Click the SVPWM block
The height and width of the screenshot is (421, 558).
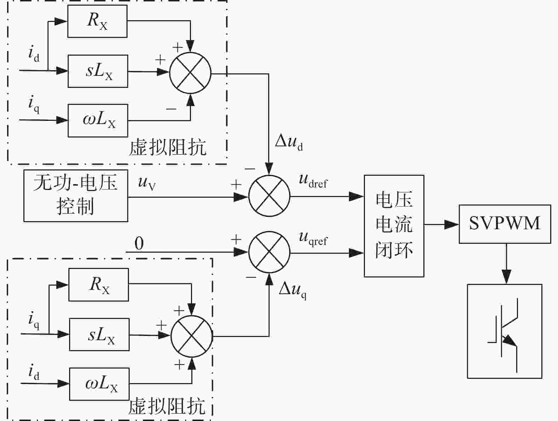(x=505, y=224)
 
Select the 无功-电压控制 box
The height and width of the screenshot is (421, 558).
(x=76, y=196)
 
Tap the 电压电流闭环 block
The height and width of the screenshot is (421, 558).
(x=394, y=226)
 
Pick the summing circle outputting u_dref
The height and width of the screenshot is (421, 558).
(x=269, y=196)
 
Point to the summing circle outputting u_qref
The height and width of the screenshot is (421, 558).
(x=269, y=252)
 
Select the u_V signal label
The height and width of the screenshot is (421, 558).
(x=147, y=183)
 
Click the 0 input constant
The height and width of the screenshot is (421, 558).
(x=139, y=243)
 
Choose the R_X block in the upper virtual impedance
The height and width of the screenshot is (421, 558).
(x=97, y=21)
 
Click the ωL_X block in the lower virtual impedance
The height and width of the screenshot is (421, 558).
(x=99, y=384)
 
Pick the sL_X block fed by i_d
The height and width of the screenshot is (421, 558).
(x=98, y=71)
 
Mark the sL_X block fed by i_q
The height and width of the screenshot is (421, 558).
(x=99, y=335)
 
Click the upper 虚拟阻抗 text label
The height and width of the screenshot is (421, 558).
(x=168, y=147)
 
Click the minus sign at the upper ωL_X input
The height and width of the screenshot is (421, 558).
(x=171, y=109)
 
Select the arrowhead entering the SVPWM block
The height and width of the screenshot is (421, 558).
(x=452, y=224)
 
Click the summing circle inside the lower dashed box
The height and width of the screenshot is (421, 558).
(x=191, y=336)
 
